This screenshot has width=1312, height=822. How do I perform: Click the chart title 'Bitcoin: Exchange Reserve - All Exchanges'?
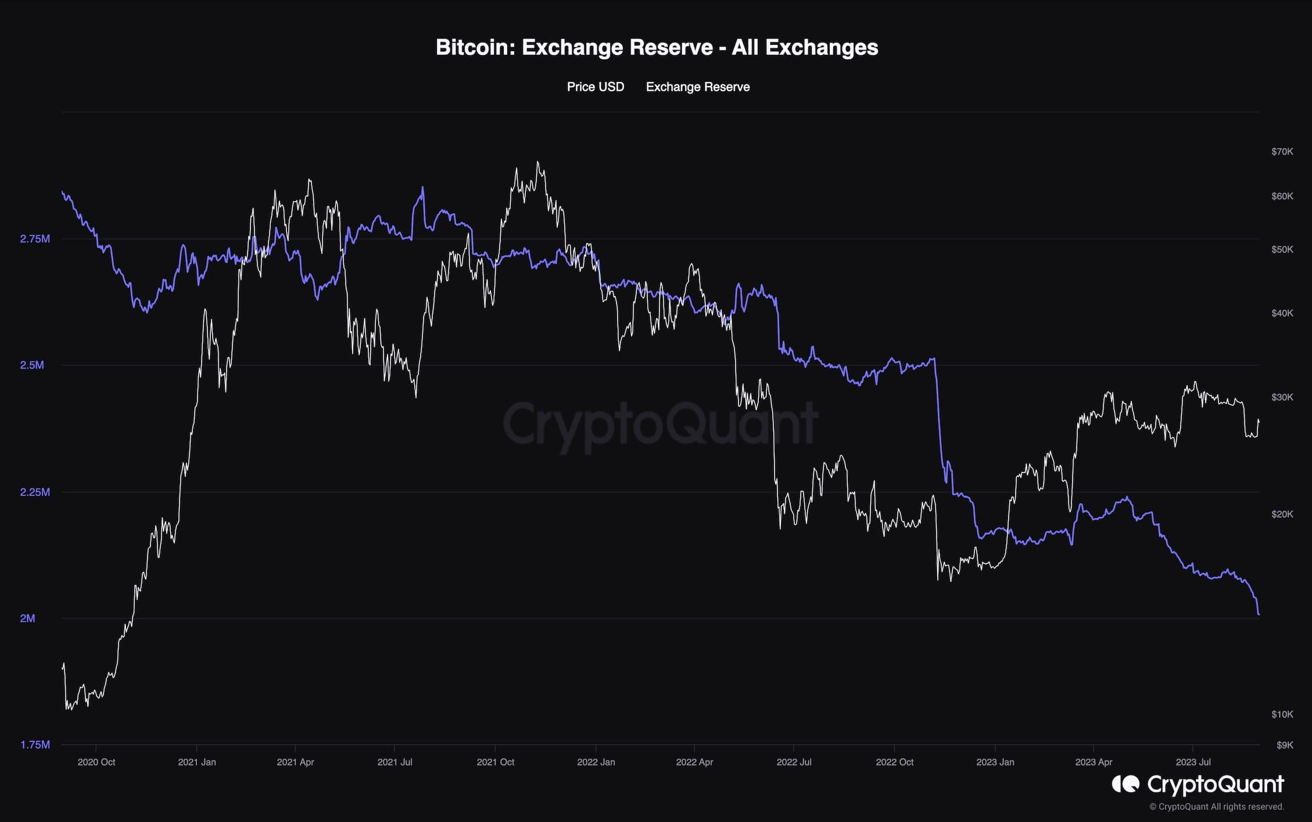[x=657, y=47]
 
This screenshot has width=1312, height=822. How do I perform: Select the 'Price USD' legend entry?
[x=595, y=87]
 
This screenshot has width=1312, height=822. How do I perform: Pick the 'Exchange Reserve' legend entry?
[x=697, y=87]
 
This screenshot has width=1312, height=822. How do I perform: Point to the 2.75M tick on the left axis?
[x=35, y=239]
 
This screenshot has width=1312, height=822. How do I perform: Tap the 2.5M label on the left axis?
[x=32, y=365]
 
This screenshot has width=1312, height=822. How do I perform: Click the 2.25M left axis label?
[x=35, y=492]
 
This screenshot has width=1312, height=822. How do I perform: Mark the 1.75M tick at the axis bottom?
[x=35, y=745]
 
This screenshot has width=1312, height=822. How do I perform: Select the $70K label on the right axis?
[x=1282, y=152]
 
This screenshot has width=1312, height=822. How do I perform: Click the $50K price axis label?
[x=1282, y=249]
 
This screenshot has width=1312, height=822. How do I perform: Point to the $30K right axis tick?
[x=1282, y=398]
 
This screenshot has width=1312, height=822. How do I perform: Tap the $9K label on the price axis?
[x=1284, y=745]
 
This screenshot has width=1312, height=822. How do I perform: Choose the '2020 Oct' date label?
[x=96, y=762]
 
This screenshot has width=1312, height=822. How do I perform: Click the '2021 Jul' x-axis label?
[x=395, y=762]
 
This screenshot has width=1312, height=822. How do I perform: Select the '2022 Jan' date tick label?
[x=596, y=762]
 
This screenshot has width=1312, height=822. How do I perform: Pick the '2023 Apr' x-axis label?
[x=1094, y=762]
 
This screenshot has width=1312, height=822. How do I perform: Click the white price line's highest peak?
[x=537, y=162]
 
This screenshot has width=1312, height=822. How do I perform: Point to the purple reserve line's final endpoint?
[x=1259, y=614]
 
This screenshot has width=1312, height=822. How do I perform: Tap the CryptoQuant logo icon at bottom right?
[x=1125, y=784]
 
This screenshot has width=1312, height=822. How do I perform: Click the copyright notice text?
[x=1216, y=807]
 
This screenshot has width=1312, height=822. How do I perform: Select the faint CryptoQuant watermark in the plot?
[x=659, y=424]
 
